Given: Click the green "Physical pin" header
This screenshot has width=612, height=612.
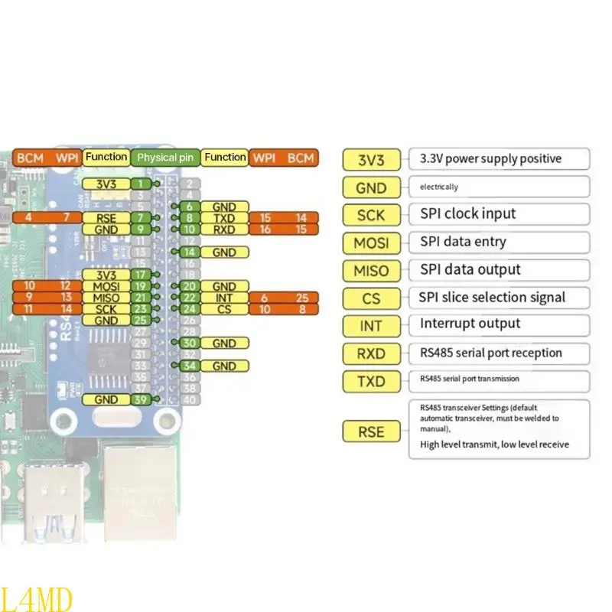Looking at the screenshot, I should click(166, 158).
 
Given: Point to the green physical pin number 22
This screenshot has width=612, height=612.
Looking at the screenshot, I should click(190, 298).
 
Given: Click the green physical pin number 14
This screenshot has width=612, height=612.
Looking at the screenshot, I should click(190, 252).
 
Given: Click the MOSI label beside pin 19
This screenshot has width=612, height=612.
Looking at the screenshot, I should click(106, 286).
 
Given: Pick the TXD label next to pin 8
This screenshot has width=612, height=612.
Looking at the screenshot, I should click(224, 218).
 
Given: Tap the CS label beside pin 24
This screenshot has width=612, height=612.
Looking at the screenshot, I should click(224, 309).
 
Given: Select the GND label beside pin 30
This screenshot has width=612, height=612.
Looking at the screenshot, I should click(224, 343).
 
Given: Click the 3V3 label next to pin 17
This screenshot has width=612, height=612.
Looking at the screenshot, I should click(106, 275).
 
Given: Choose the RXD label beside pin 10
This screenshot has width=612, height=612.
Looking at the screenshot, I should click(224, 229).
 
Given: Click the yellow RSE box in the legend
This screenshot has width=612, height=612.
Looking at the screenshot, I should click(371, 431).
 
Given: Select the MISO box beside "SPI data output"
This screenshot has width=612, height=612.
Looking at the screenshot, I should click(371, 270).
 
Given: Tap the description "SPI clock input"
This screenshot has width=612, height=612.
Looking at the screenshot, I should click(467, 213).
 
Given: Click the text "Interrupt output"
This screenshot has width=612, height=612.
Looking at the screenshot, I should click(470, 324).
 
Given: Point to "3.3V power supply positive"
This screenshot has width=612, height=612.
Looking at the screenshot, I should click(490, 159).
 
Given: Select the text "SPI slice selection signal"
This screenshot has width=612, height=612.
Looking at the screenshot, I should click(492, 297).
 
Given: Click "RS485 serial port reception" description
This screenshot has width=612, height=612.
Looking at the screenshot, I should click(490, 353).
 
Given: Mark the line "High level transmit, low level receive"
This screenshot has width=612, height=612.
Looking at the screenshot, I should click(494, 444).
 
